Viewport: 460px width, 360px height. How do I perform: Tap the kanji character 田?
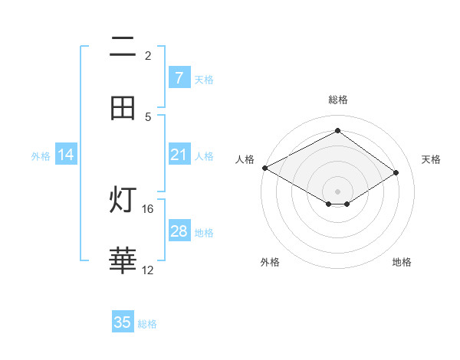[123, 109]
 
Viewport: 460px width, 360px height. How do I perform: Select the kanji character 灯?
[123, 201]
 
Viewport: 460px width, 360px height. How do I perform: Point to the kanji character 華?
[123, 261]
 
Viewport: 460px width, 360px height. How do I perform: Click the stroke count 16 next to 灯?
[148, 208]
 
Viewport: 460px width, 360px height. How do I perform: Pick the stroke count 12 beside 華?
[148, 270]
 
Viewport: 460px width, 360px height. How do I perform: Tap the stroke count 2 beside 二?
[148, 55]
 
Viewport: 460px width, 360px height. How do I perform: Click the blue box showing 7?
[179, 77]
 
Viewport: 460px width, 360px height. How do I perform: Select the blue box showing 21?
[179, 155]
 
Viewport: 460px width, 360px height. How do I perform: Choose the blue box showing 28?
[179, 231]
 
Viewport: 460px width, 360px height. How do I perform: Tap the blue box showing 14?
[66, 155]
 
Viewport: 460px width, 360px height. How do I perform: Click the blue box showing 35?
[123, 322]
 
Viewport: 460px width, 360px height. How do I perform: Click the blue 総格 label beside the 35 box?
[147, 324]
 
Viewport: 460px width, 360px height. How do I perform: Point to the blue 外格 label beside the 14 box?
[41, 156]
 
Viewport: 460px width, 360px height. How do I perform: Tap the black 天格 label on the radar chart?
[431, 159]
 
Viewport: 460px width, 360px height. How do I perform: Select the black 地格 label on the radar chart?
[402, 262]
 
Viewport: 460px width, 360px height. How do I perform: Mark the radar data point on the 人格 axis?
[264, 168]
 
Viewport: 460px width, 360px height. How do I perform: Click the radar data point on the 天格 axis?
[396, 172]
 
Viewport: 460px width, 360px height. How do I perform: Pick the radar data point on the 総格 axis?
[337, 131]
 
